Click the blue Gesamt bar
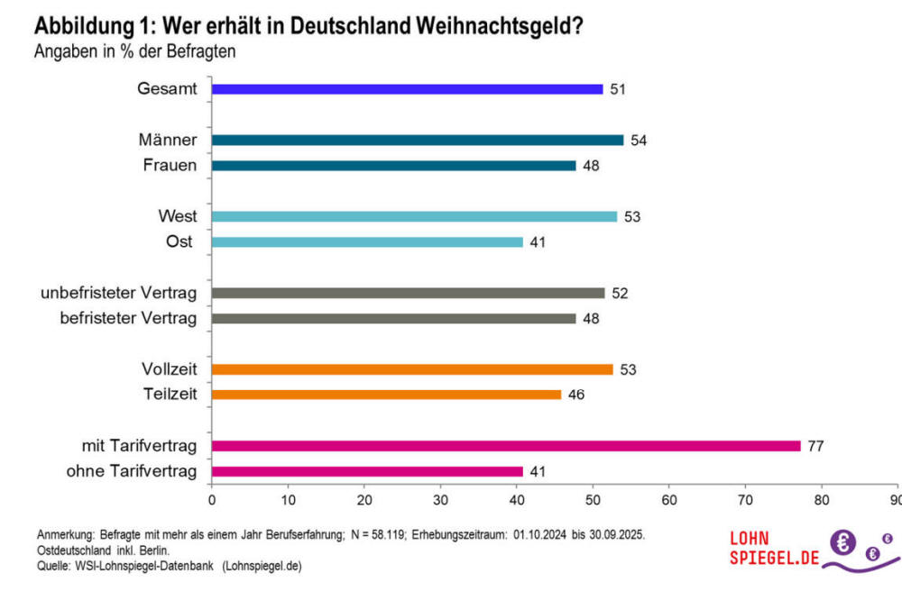click(x=407, y=89)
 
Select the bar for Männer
click(x=418, y=140)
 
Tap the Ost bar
click(x=367, y=242)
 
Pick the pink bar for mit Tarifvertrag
click(x=506, y=445)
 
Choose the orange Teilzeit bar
click(x=386, y=395)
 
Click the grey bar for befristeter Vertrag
click(x=393, y=318)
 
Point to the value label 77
click(x=817, y=446)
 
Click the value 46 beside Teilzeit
click(x=576, y=395)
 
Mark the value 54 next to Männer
click(x=640, y=141)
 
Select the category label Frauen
click(x=170, y=165)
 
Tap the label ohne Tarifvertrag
click(x=132, y=470)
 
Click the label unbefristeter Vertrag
click(x=119, y=293)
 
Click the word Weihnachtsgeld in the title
click(x=489, y=27)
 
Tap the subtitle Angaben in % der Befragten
click(x=134, y=51)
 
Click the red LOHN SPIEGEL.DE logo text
click(x=773, y=549)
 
